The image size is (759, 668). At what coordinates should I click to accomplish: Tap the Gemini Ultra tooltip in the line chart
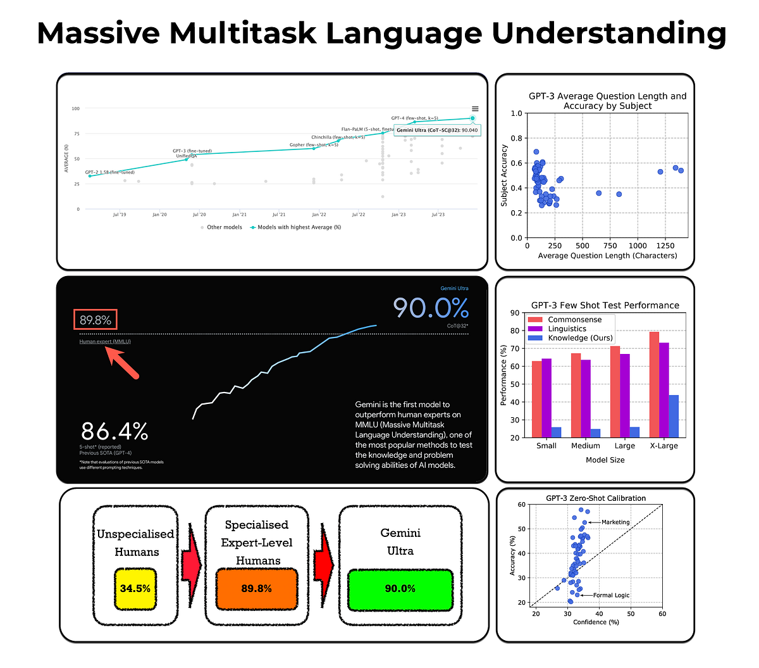coord(437,130)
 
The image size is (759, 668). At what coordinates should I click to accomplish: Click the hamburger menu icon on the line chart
coord(475,109)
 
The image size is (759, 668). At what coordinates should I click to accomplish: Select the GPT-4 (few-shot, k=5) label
coord(414,118)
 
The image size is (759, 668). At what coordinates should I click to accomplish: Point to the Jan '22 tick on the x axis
coord(319,215)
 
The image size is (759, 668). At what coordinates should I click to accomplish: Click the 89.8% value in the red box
coord(96,320)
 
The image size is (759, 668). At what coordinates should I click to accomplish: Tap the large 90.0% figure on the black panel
coord(431,308)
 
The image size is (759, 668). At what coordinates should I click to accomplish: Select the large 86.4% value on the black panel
coord(114,432)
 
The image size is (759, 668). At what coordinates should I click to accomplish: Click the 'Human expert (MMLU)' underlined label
coord(105,341)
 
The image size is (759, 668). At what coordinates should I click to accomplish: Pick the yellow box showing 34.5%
coord(135,589)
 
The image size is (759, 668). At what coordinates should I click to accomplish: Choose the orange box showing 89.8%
coord(256,589)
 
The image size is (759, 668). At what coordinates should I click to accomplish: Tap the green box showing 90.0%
coord(400,589)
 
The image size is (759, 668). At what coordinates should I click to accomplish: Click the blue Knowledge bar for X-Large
coord(674,416)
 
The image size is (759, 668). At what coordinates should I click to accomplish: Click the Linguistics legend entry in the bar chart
coord(566,329)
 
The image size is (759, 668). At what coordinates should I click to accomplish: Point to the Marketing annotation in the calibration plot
coord(615,522)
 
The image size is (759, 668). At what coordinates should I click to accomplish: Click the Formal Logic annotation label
coord(611,595)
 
